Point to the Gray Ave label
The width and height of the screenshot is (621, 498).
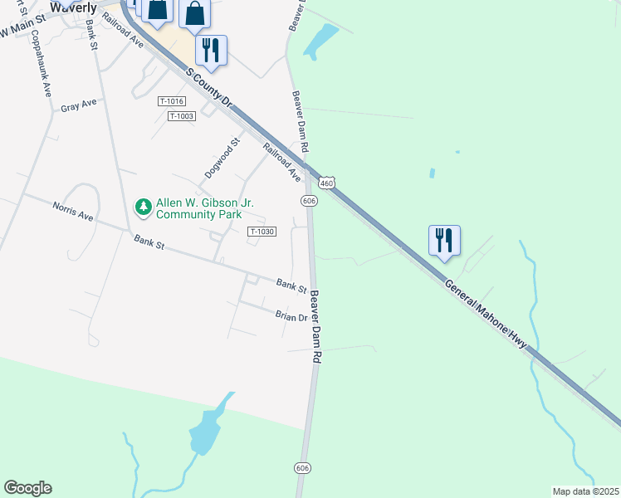(79, 105)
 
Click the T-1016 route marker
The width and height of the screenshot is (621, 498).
(170, 101)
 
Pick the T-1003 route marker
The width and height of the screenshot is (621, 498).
(181, 116)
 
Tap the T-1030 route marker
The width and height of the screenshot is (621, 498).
(261, 232)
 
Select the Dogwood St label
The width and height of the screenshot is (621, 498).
(222, 159)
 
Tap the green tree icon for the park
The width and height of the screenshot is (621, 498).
(144, 207)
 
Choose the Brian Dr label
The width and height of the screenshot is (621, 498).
(291, 316)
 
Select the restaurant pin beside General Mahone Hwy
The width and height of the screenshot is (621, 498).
(445, 241)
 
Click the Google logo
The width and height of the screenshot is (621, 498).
(27, 488)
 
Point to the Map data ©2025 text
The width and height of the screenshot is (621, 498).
(584, 491)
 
